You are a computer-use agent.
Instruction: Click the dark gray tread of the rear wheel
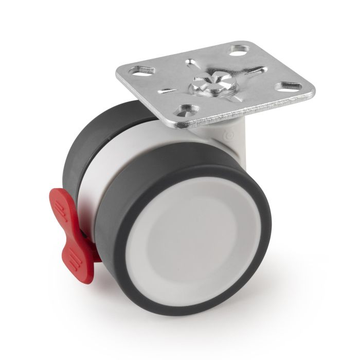click(77, 154)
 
